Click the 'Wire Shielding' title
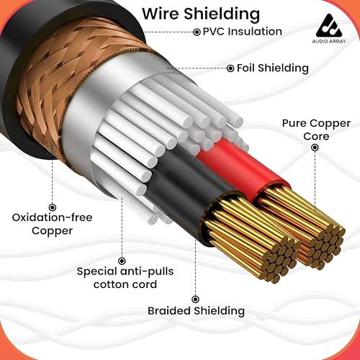coord(201,14)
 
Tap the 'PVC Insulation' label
coord(243,32)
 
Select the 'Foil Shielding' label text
coord(273,68)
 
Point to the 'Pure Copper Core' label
coord(316,130)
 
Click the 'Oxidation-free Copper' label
coord(52,224)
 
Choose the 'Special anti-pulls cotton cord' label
coord(125,278)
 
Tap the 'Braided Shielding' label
coord(196,311)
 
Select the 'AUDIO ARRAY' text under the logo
coord(329,41)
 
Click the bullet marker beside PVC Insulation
coord(197,32)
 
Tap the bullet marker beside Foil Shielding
coord(230,68)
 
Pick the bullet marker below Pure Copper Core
coord(315,148)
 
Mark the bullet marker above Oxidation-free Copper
coord(53,207)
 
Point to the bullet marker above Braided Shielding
coord(196,300)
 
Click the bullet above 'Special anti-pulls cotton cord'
coord(122,261)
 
